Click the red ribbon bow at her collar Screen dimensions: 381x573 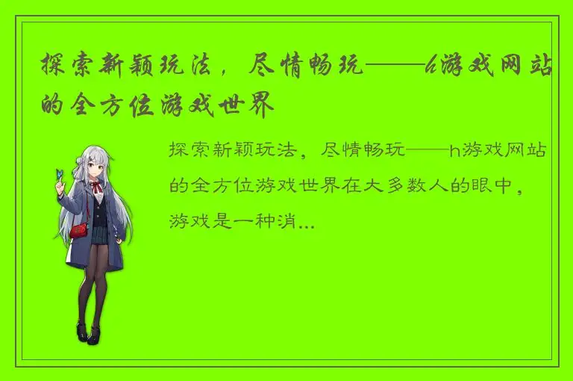(98, 181)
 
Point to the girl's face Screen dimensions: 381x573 (95, 163)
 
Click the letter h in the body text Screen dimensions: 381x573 (454, 152)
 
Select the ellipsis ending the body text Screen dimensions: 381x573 (306, 221)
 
